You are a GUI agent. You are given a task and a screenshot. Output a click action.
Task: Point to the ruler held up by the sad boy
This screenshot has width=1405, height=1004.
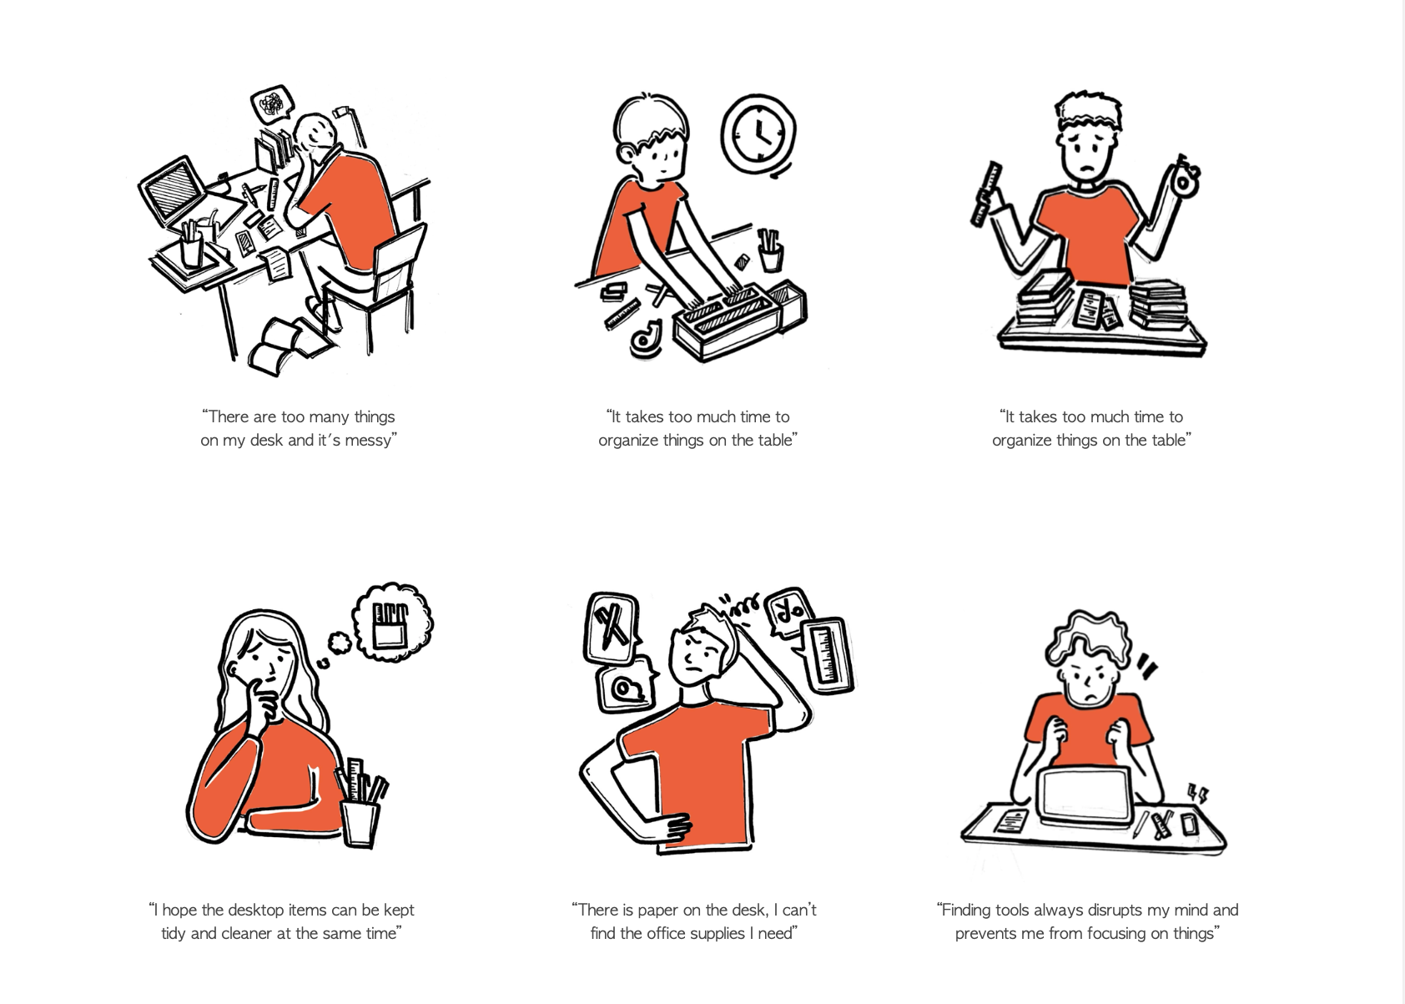(987, 194)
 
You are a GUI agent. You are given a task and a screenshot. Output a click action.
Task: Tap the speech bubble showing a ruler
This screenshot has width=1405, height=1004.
(826, 655)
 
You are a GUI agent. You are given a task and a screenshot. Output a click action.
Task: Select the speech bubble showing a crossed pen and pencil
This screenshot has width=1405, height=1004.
(612, 628)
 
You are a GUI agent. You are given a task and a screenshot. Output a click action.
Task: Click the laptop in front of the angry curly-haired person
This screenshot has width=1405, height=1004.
(1085, 797)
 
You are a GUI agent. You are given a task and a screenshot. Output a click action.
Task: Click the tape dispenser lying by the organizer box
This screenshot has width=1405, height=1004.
(646, 339)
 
